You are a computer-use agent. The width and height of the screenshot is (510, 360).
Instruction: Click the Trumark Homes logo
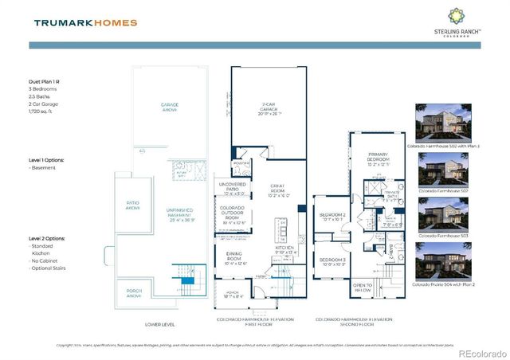coord(86,22)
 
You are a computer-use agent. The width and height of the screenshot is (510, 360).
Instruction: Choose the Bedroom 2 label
coord(332,217)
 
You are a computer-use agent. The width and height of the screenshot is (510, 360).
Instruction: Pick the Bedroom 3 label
coord(332,262)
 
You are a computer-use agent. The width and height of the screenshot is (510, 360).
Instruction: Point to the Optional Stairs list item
coord(49,268)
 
